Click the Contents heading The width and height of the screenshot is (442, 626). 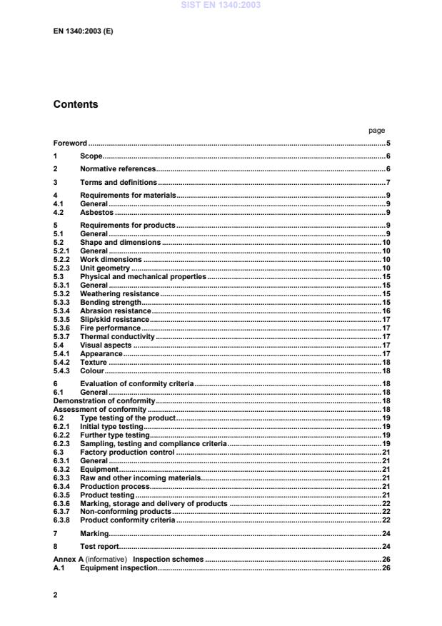coord(76,104)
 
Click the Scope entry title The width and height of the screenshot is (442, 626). coord(91,156)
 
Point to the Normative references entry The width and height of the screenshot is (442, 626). coord(118,169)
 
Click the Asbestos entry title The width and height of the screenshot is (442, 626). coord(96,213)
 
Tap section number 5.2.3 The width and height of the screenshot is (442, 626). coord(62,268)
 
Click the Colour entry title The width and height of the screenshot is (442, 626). coord(92,370)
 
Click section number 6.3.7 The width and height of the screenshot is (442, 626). coord(62,512)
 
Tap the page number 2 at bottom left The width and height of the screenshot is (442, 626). coord(56,594)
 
